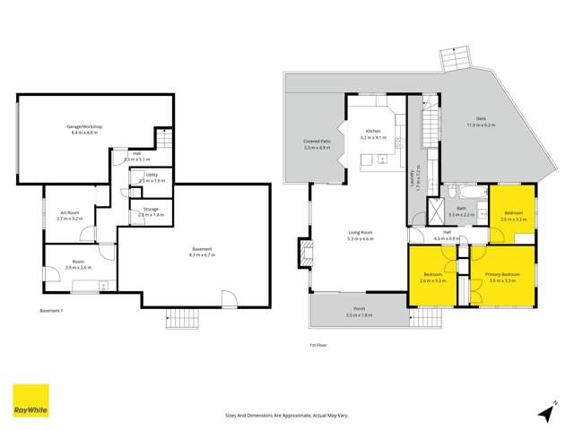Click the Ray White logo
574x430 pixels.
point(30,400)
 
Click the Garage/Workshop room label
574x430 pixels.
point(83,127)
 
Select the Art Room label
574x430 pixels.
point(68,212)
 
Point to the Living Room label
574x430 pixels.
point(361,233)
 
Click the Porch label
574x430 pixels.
point(360,310)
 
